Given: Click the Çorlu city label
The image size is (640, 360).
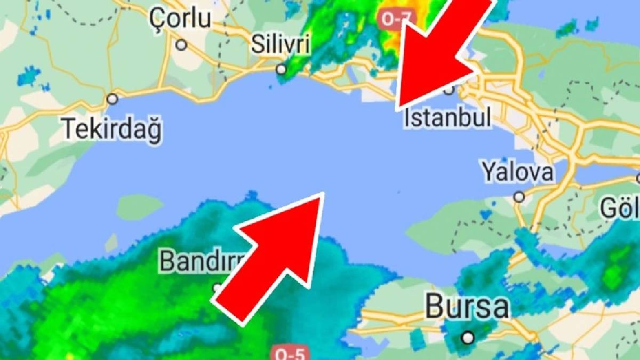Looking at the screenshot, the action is tap(180, 19).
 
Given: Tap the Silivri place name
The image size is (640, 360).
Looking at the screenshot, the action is tap(280, 45).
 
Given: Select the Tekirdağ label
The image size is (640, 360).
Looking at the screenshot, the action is tap(113, 129).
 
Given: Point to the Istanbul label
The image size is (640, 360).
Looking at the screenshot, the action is tap(447, 118).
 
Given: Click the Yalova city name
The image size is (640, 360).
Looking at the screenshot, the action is tap(517, 172).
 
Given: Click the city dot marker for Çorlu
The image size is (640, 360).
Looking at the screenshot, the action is tap(181, 45).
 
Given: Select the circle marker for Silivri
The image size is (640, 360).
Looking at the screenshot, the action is tap(281, 69).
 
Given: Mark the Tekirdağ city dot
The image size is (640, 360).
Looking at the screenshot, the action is tap(112, 99).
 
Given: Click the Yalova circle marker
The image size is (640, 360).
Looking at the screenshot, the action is tap(519, 197).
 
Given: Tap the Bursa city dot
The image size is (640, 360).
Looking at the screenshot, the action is tap(468, 337).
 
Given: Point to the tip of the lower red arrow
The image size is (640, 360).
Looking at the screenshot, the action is tap(323, 194).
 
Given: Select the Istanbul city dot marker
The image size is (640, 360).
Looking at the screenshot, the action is tap(449, 89).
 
